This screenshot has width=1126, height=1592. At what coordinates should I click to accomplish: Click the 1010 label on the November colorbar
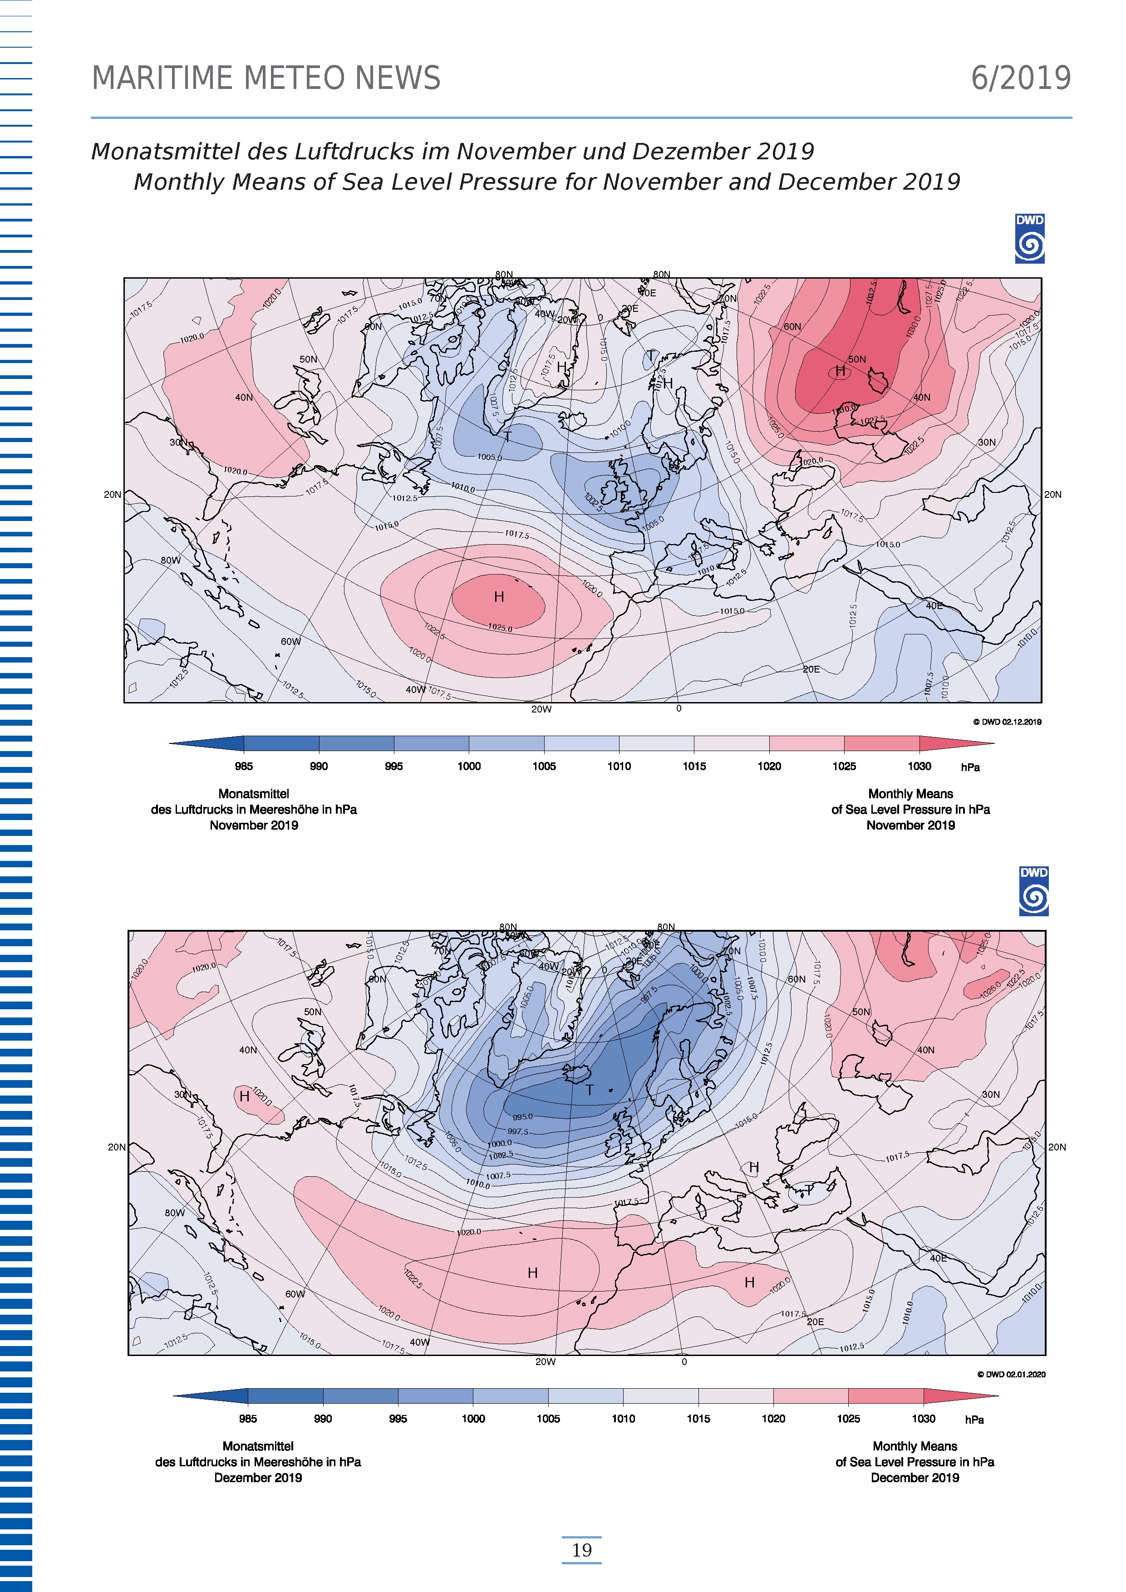(619, 766)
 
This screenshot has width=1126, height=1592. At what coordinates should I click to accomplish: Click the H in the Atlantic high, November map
(498, 597)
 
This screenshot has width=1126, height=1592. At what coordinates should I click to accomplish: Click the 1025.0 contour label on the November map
(500, 628)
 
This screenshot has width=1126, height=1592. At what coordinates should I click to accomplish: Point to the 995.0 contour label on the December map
(523, 1117)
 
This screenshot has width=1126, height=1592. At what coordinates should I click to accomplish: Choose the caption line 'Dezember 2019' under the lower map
(258, 1478)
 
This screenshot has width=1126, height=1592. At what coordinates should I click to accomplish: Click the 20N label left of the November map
(112, 494)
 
